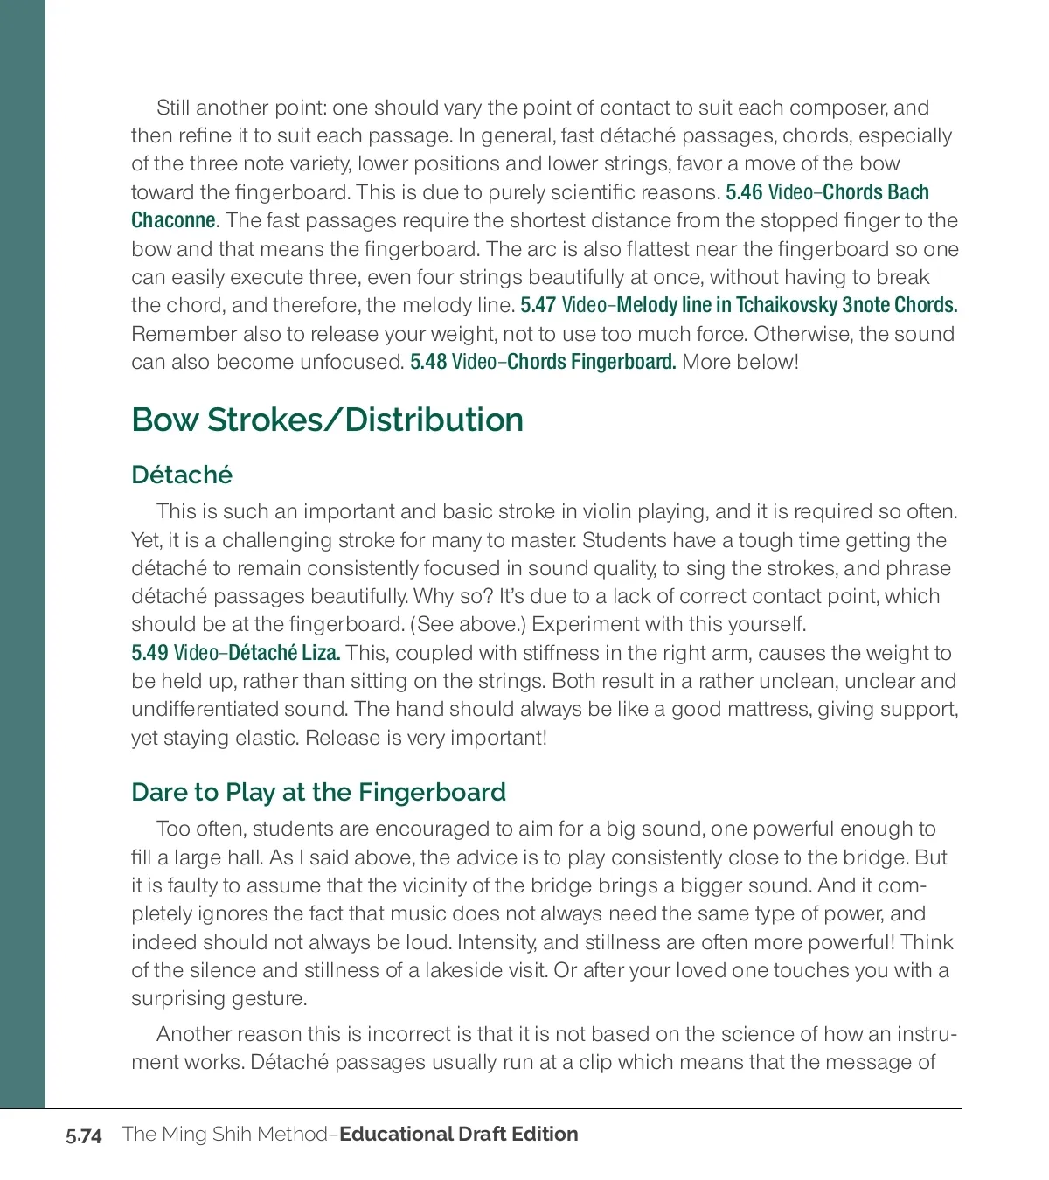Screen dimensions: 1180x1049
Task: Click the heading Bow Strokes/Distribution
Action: [327, 420]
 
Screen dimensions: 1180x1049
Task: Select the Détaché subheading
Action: [182, 475]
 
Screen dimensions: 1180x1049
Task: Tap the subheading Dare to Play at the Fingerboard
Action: [318, 792]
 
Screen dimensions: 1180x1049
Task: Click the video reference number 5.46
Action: [744, 192]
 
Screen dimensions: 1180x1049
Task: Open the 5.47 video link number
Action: [538, 305]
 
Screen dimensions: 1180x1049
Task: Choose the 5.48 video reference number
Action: [428, 362]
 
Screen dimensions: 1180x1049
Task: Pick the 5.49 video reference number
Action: [149, 653]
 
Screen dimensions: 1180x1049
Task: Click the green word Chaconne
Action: [173, 220]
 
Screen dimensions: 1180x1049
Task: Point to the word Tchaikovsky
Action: [787, 305]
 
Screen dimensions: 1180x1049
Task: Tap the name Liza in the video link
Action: [321, 653]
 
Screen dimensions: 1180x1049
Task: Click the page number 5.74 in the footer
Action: [84, 1135]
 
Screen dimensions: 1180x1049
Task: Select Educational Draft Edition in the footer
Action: [458, 1134]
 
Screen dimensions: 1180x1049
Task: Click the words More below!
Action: [740, 362]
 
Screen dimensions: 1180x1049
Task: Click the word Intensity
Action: [497, 942]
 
